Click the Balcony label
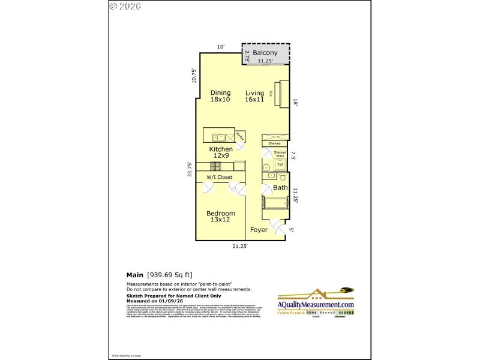[265, 53]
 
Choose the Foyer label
[259, 230]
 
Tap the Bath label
[280, 188]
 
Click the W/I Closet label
[220, 177]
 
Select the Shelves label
[275, 143]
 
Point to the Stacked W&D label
[280, 154]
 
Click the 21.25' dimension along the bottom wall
[240, 246]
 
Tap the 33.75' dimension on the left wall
[190, 170]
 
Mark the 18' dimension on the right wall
[295, 103]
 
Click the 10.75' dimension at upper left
[193, 76]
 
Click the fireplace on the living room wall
[281, 93]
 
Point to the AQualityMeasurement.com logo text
[316, 305]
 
